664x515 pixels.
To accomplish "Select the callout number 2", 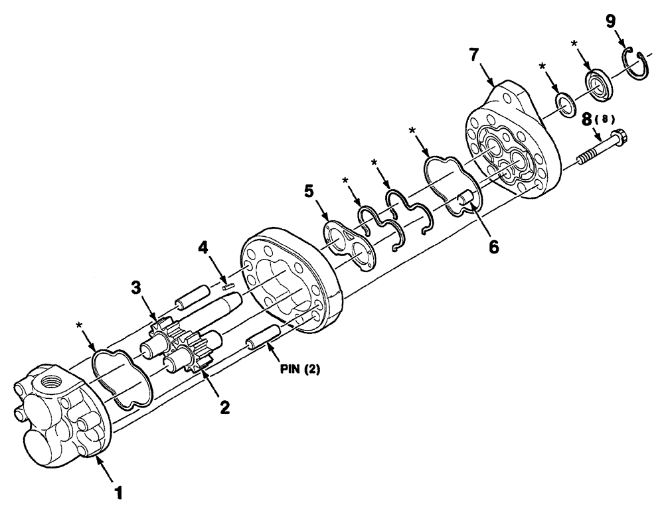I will tap(225, 407).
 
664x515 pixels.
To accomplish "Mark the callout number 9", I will tap(610, 21).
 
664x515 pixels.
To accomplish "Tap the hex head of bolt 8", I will tap(618, 136).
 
